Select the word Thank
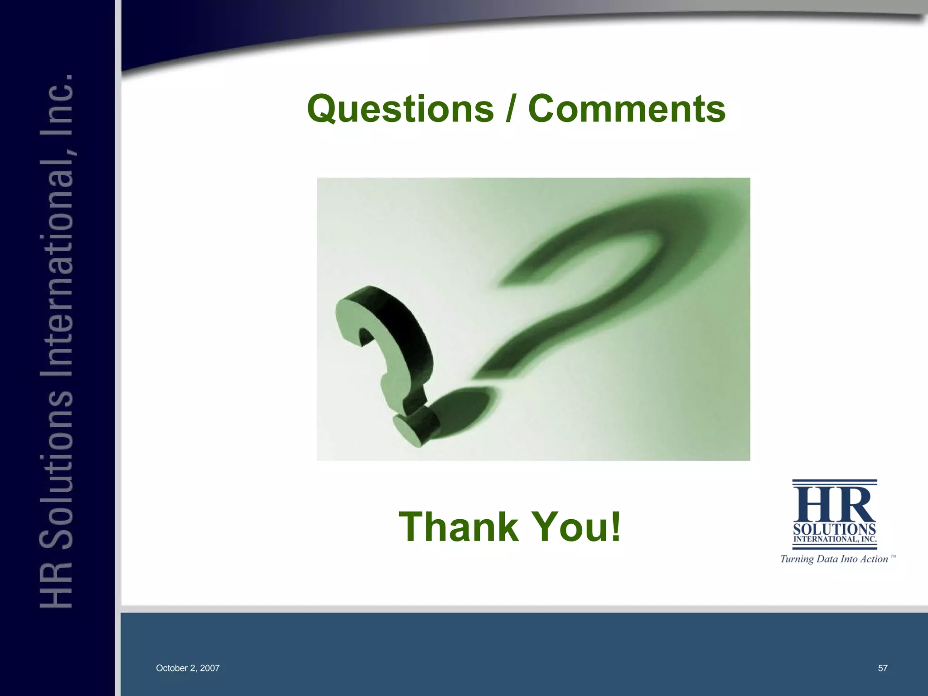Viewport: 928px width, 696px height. point(458,527)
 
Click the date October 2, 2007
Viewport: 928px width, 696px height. point(188,668)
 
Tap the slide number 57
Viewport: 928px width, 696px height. point(883,668)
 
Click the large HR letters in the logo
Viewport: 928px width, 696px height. point(834,504)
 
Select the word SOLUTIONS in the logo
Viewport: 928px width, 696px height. point(834,529)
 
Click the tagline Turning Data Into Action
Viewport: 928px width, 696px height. point(834,559)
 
